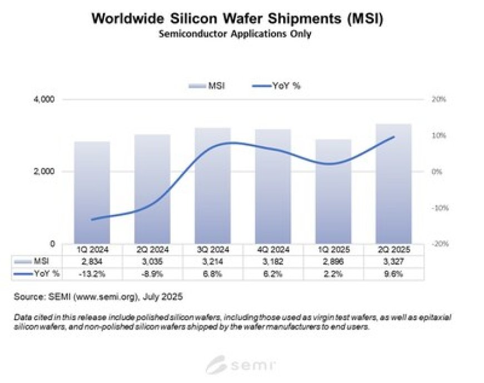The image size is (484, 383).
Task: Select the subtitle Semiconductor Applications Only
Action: (238, 34)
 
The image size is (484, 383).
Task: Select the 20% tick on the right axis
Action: (432, 100)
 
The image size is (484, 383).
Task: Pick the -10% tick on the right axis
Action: (431, 208)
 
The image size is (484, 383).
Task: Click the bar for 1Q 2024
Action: (92, 192)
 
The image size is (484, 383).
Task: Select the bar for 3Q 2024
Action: (213, 186)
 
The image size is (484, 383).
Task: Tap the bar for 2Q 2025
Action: (393, 183)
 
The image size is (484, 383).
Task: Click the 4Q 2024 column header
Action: (273, 250)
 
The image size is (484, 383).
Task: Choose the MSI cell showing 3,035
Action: (152, 261)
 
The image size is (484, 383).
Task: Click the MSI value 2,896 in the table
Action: (333, 261)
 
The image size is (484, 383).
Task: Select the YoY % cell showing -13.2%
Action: (92, 273)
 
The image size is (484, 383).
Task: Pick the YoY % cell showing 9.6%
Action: (393, 273)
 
